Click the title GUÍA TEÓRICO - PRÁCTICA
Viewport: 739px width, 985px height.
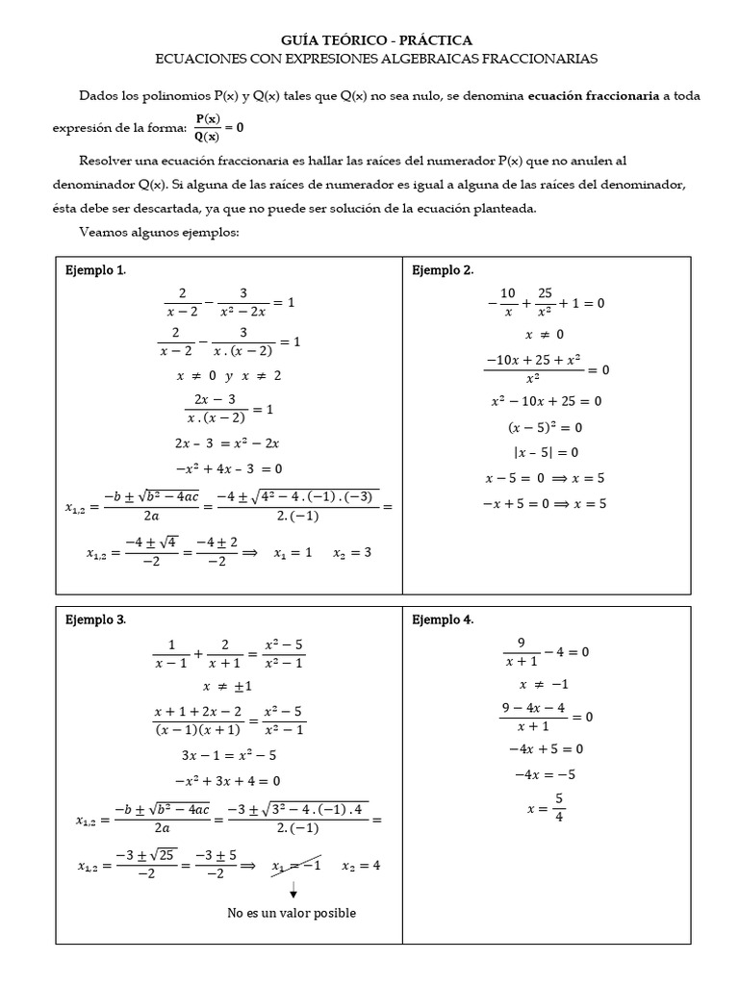376,39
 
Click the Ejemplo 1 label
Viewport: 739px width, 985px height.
95,270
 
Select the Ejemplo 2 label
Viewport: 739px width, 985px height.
443,270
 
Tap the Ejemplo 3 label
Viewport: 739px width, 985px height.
95,619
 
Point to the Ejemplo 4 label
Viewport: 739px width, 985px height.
443,619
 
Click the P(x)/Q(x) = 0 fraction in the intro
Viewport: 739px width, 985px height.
219,126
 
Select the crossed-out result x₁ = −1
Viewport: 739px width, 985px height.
295,865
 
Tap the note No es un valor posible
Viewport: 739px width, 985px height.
292,912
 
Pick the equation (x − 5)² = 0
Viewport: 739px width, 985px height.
545,427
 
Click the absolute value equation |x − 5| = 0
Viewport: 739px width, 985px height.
545,452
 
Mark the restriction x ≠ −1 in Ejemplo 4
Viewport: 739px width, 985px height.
545,684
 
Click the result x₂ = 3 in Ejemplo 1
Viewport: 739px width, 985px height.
352,553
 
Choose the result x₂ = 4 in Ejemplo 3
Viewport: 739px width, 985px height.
361,865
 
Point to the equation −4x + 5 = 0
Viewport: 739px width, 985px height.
546,748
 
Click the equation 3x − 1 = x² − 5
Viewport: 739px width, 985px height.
228,755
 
